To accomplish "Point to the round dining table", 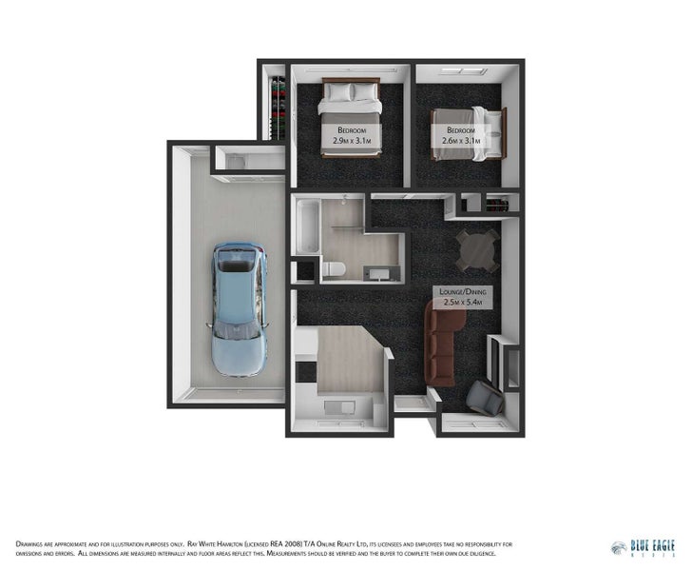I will [477, 249].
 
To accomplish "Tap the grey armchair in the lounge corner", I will [485, 397].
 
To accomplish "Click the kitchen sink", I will [337, 408].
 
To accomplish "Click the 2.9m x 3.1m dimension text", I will [351, 141].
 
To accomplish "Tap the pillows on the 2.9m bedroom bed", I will [351, 92].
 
